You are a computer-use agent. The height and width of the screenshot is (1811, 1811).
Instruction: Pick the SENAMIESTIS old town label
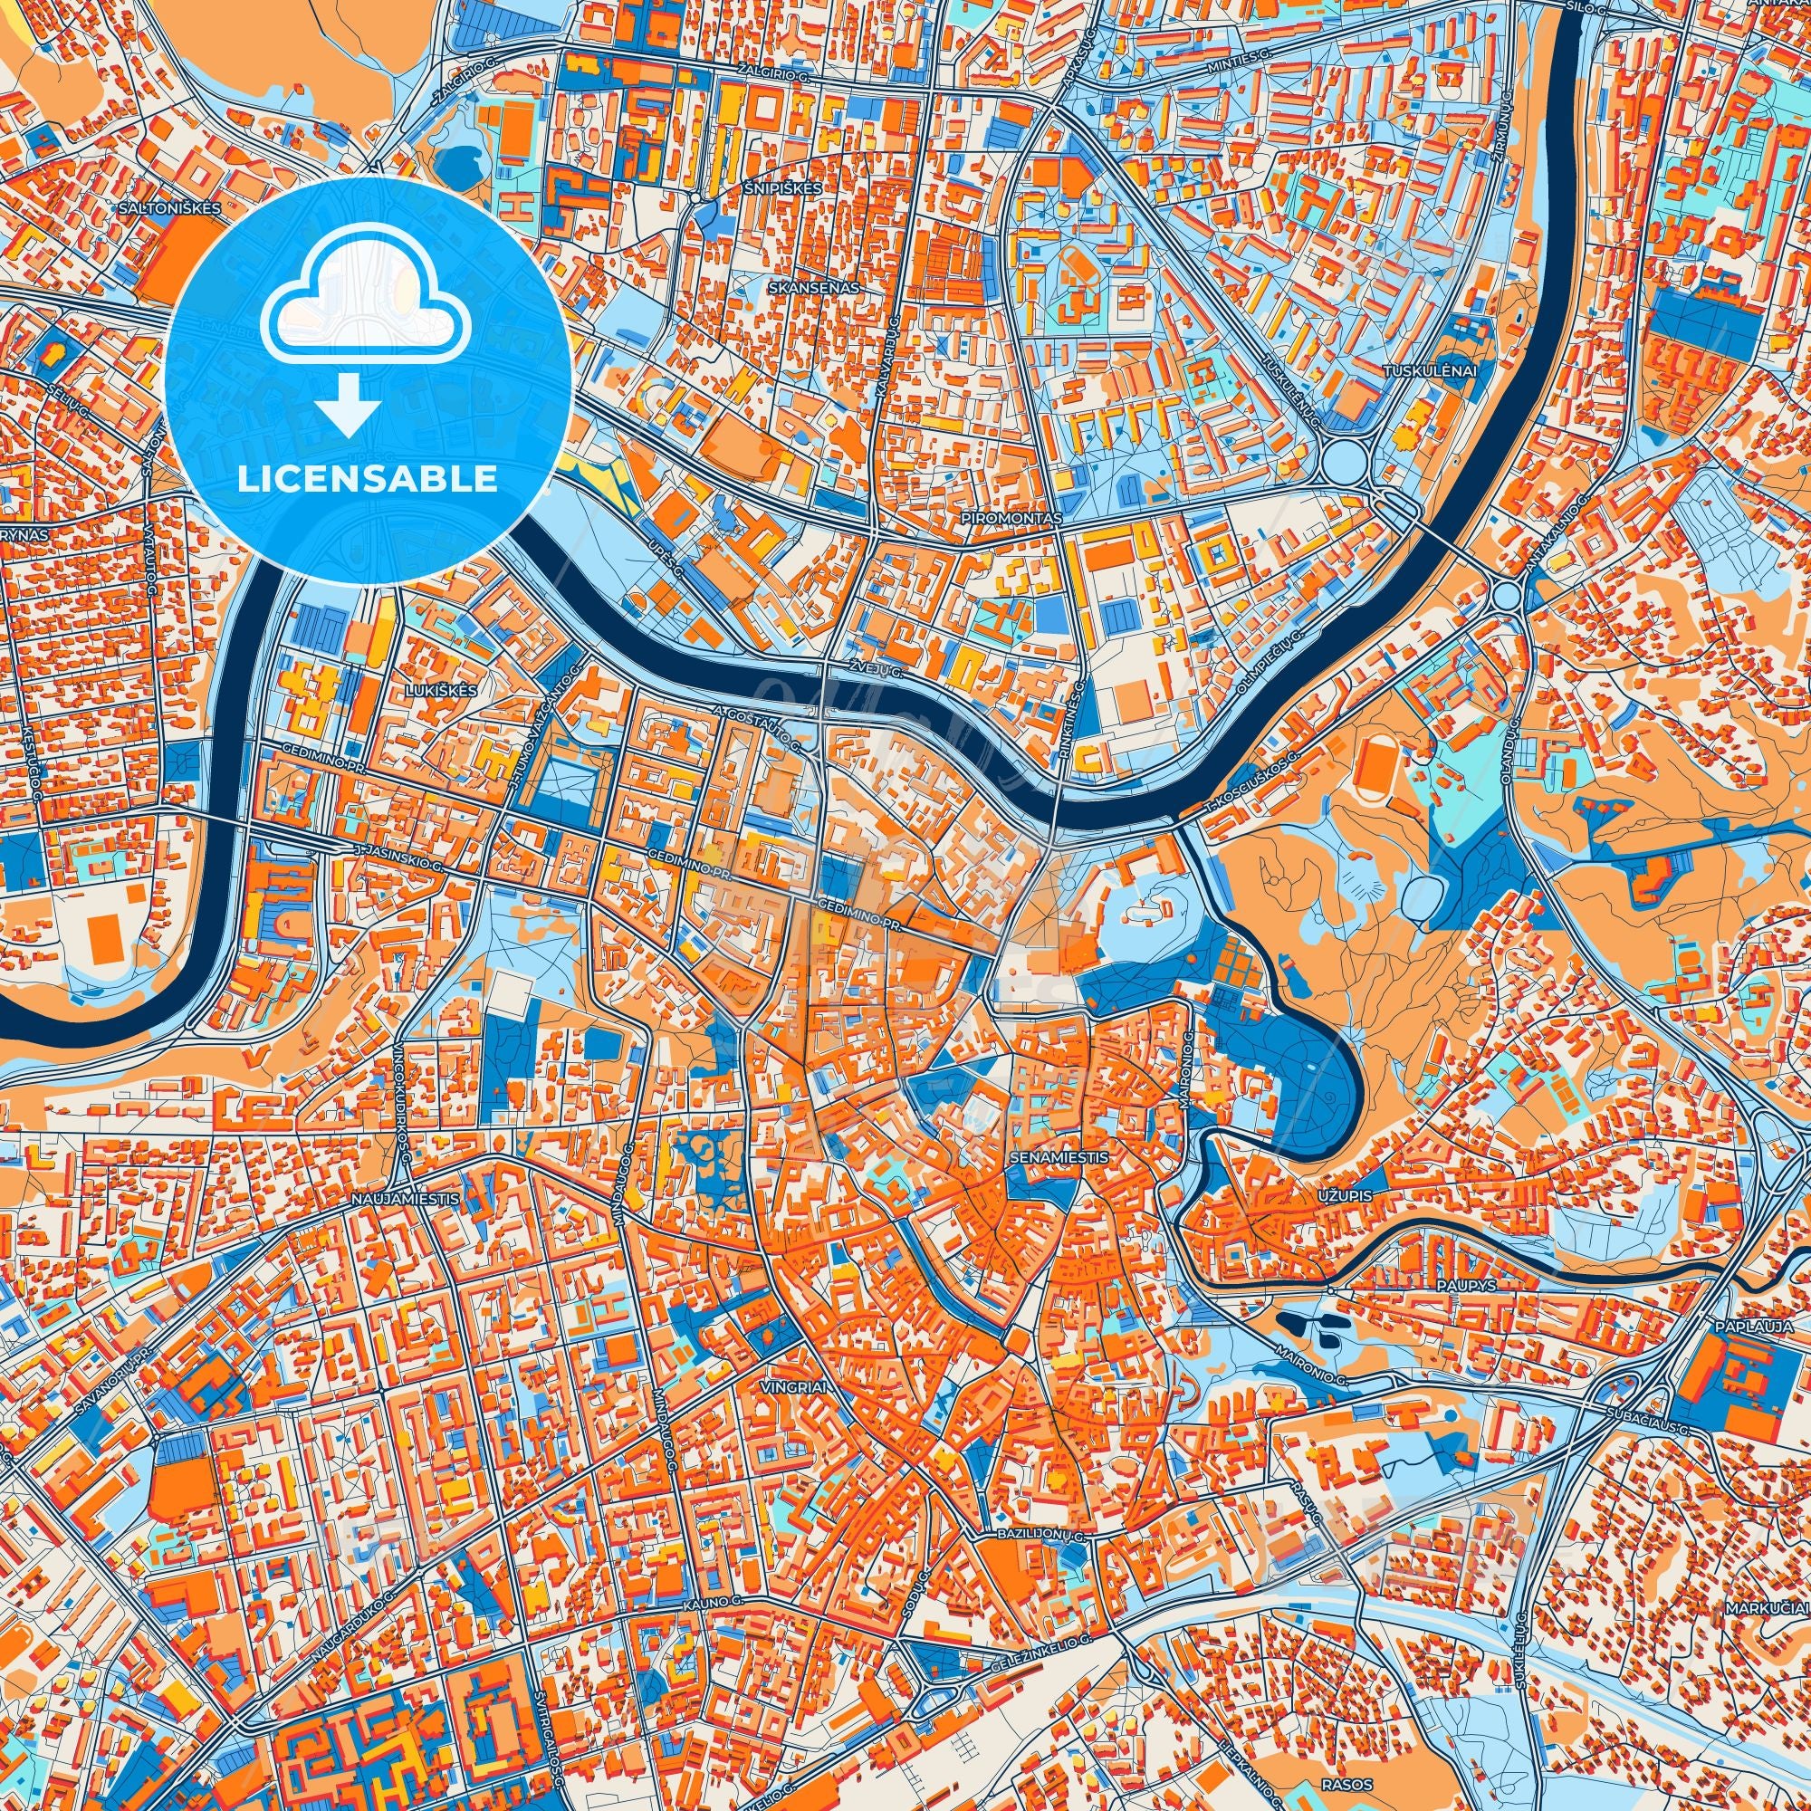click(1060, 1157)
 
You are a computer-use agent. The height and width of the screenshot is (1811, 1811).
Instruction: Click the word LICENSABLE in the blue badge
click(368, 481)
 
